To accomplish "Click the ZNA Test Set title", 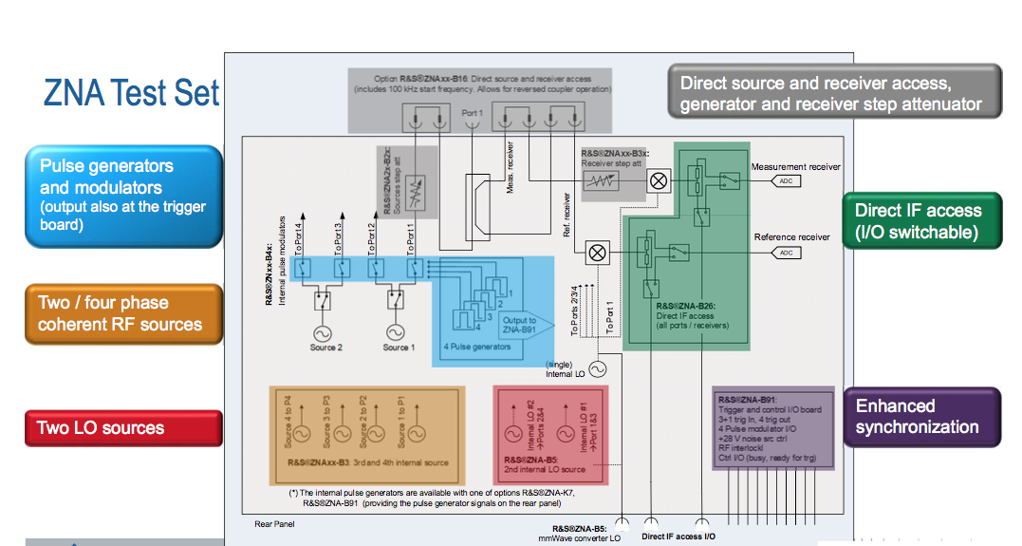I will click(x=131, y=93).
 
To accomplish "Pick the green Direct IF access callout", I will click(x=921, y=221).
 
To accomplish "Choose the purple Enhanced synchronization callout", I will click(x=921, y=417).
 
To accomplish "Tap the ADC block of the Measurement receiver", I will click(x=786, y=180).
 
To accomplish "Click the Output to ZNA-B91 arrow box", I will click(x=522, y=326).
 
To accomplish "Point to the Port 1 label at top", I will click(x=472, y=113).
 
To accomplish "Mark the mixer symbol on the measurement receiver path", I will click(x=658, y=180).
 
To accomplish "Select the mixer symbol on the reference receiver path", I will click(x=598, y=253).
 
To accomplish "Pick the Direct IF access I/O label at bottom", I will click(x=678, y=537).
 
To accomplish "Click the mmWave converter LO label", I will click(x=580, y=538).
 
